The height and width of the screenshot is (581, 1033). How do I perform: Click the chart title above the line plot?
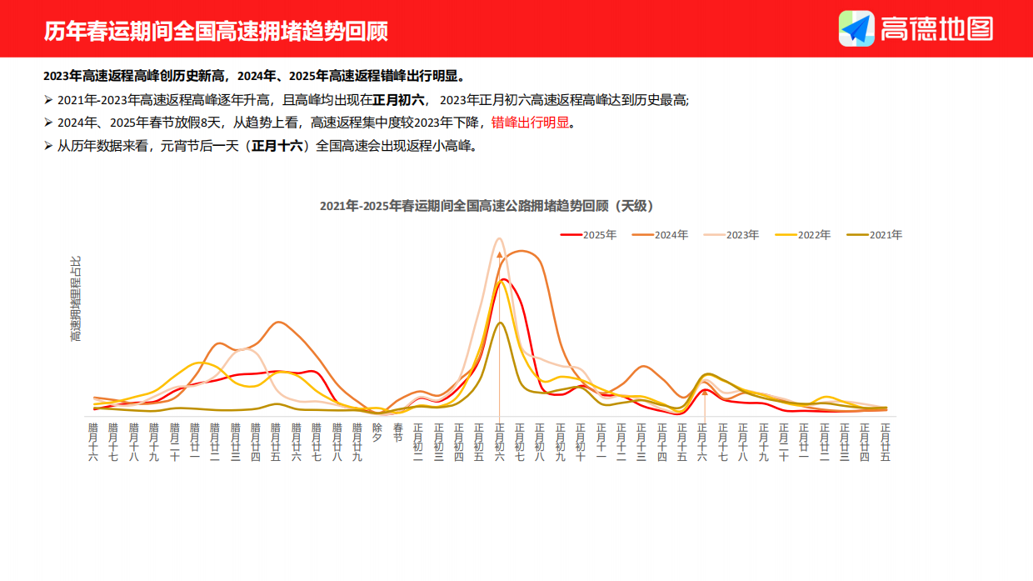(487, 206)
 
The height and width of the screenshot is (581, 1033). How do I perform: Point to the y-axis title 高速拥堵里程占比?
(76, 298)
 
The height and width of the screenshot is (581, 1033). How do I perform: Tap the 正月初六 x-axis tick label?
(500, 442)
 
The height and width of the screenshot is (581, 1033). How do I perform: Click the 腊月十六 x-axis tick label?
(93, 442)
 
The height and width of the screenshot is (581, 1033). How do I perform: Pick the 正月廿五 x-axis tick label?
(885, 442)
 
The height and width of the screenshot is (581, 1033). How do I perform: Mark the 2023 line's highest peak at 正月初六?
(500, 238)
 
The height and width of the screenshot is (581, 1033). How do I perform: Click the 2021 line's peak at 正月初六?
(500, 323)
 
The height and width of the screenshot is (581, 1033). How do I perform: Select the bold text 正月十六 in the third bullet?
(278, 146)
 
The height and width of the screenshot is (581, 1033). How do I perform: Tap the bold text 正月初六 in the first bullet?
(398, 99)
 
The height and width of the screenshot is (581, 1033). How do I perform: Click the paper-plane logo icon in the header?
(856, 28)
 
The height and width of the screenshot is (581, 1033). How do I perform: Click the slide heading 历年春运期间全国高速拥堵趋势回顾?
(216, 31)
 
